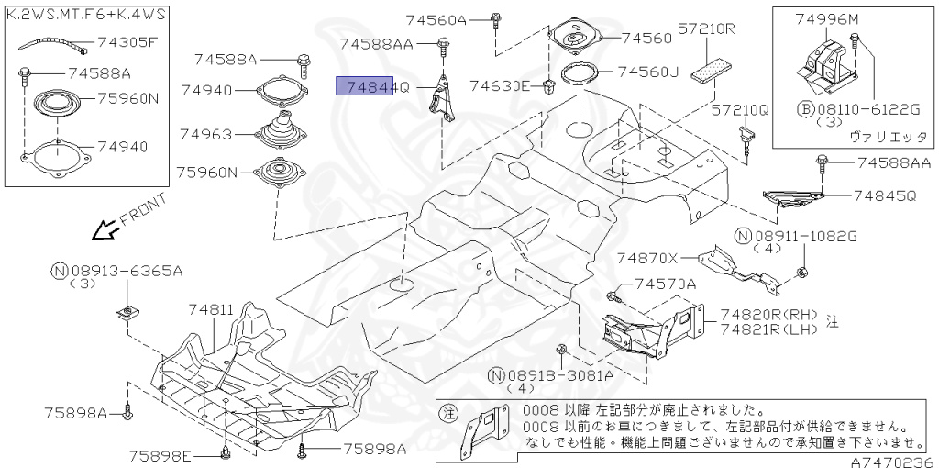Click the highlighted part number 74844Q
point(367,86)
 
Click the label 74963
point(206,134)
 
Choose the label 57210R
point(707,28)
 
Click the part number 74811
point(212,310)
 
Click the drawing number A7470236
point(890,462)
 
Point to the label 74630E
point(501,86)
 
